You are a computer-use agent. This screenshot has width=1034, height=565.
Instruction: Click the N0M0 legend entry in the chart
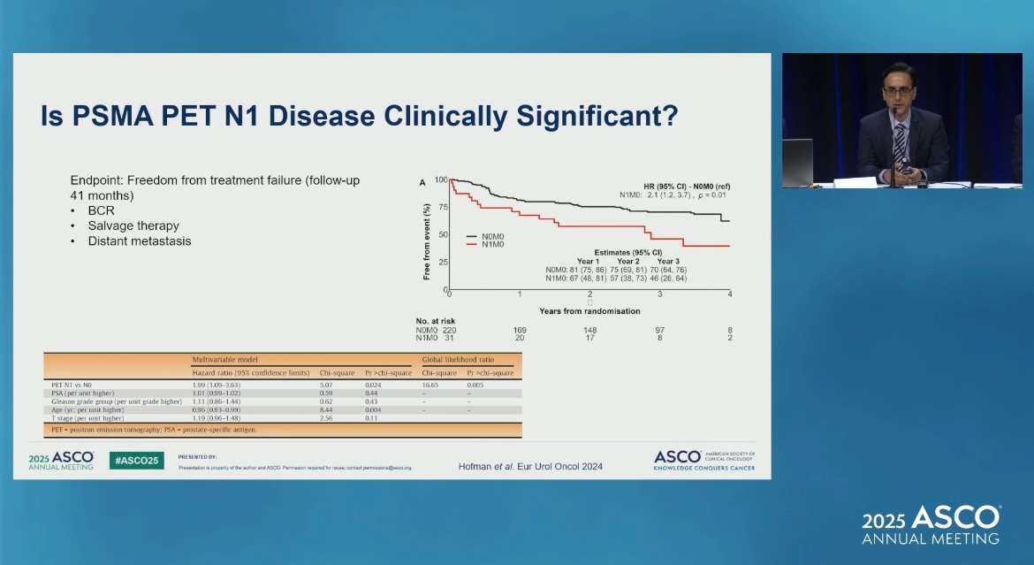pyautogui.click(x=491, y=237)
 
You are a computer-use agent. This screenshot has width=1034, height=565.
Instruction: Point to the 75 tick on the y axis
pyautogui.click(x=443, y=207)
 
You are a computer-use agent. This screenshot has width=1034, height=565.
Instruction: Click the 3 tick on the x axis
pyautogui.click(x=659, y=294)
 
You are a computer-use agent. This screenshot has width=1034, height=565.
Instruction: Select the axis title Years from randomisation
pyautogui.click(x=589, y=310)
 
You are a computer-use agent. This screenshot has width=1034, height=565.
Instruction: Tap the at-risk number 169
pyautogui.click(x=520, y=330)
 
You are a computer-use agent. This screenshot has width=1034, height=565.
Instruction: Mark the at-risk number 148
pyautogui.click(x=589, y=330)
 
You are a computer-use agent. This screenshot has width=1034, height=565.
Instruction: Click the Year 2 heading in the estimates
pyautogui.click(x=628, y=261)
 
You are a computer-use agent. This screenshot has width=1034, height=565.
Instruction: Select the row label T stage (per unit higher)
pyautogui.click(x=87, y=418)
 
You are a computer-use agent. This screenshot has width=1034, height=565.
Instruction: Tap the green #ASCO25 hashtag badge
pyautogui.click(x=136, y=460)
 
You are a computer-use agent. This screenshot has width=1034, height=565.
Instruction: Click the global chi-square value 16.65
pyautogui.click(x=430, y=386)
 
